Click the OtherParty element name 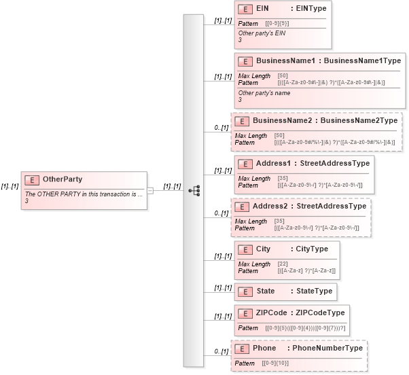point(63,179)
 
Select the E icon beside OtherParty point(31,180)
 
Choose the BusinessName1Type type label point(361,61)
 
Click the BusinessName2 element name point(282,121)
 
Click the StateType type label point(315,291)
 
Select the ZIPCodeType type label point(319,313)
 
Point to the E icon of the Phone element point(241,349)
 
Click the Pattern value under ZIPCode point(305,328)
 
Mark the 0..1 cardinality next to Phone point(220,351)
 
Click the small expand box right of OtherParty point(150,190)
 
